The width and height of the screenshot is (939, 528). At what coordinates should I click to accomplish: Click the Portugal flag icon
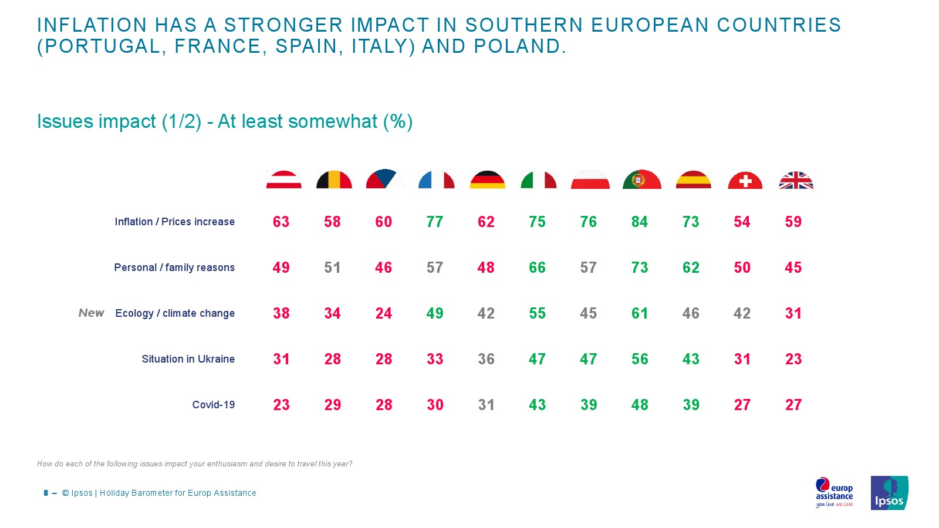tap(641, 180)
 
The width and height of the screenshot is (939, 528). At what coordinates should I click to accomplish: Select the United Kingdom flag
tap(796, 180)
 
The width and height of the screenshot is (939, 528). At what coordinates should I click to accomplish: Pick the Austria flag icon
tap(283, 180)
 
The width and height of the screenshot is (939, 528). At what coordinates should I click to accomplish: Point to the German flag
tap(487, 180)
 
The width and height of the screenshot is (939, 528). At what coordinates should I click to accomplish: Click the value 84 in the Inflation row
tap(640, 222)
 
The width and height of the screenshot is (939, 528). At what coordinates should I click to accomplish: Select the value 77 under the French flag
tap(435, 222)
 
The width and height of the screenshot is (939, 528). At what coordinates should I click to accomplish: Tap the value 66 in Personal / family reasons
tap(537, 268)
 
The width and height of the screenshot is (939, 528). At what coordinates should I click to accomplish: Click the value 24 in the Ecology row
tap(384, 313)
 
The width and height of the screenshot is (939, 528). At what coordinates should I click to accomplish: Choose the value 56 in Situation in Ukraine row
tap(640, 359)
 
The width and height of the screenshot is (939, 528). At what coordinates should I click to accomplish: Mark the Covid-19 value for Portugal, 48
tap(640, 405)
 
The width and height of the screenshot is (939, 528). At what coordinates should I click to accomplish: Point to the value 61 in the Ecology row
tap(640, 313)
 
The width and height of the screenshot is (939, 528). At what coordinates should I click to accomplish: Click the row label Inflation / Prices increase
tap(174, 222)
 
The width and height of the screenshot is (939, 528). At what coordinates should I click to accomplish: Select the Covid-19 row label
tap(213, 405)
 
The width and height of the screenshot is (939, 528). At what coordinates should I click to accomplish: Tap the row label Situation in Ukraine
tap(188, 359)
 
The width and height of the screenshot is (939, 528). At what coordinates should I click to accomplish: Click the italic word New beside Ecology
tap(91, 313)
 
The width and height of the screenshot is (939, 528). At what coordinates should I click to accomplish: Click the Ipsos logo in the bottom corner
tap(889, 493)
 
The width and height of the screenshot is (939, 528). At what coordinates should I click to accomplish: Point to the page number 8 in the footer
tap(46, 493)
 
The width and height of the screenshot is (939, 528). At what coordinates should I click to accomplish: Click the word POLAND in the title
tap(517, 46)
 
